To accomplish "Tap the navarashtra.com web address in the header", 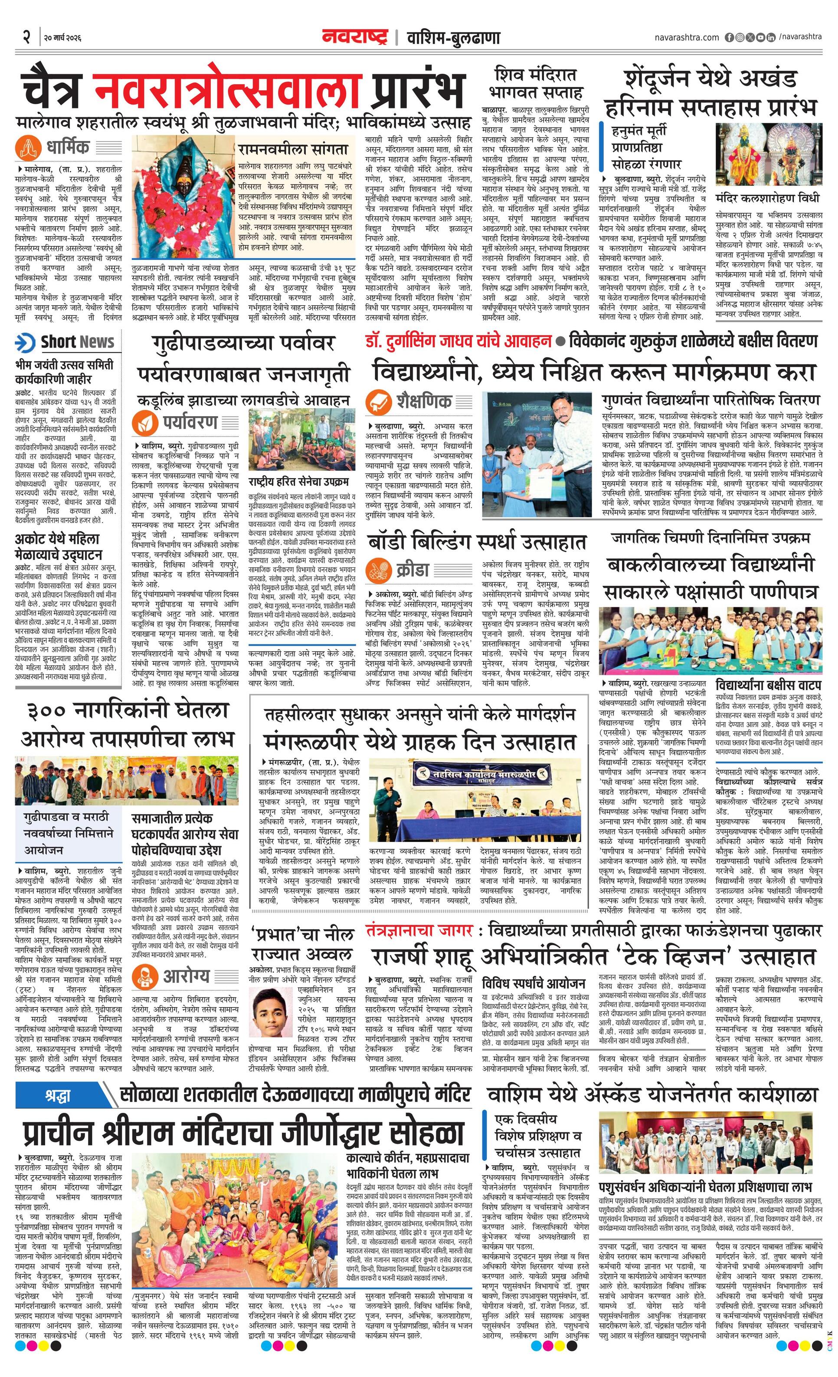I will click(x=687, y=37).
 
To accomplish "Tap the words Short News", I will click(x=77, y=342).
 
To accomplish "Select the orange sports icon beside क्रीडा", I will click(x=379, y=571).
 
